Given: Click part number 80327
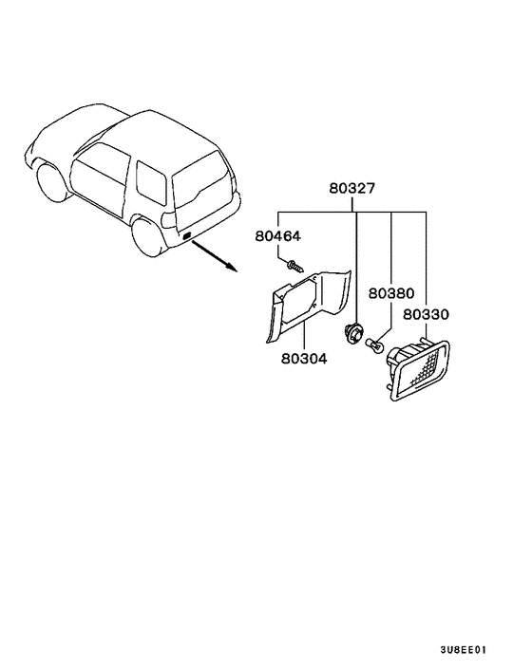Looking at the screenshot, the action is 351,188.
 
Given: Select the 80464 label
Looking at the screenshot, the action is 278,236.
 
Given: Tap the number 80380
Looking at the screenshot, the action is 391,293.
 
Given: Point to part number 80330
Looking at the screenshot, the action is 427,314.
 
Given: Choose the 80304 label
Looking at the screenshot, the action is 304,359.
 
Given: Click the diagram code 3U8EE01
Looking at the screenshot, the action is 464,650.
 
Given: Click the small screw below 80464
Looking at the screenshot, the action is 295,267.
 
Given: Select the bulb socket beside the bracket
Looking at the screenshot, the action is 353,333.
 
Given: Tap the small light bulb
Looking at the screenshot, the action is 374,344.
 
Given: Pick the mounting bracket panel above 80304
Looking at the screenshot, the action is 308,306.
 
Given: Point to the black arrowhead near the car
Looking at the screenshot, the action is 231,267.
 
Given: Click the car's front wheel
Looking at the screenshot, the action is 51,181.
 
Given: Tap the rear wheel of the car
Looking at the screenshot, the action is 147,237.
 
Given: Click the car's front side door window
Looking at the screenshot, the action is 101,177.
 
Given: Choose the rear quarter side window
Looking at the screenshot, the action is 151,181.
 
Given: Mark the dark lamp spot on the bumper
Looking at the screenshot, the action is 186,234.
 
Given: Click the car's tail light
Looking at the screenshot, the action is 168,220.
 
